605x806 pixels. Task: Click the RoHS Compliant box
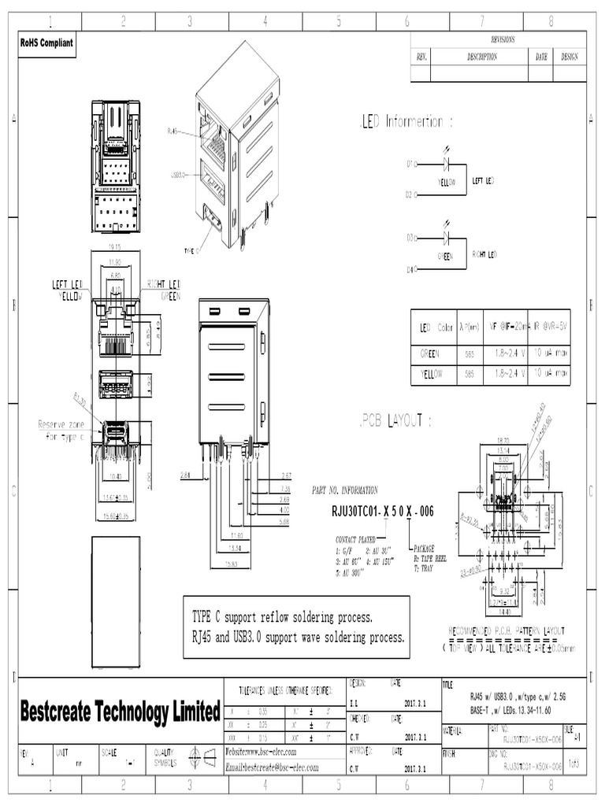[46, 43]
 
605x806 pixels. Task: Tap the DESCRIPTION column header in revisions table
[481, 57]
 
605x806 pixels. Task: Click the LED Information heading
[406, 122]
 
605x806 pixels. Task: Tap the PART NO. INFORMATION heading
[345, 490]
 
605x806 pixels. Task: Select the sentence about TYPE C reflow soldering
[282, 616]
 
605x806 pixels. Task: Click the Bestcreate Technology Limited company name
[119, 713]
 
